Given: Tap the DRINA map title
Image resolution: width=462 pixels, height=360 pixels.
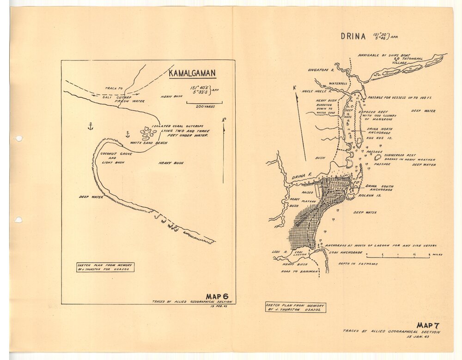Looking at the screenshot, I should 353,36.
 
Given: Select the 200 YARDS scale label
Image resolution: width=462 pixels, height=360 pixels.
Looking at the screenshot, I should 204,106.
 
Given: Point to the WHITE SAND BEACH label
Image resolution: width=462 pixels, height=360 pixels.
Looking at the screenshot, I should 148,143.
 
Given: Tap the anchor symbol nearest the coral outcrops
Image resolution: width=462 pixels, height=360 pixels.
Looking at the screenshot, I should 128,134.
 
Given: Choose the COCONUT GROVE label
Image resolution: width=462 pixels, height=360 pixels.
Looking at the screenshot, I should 114,153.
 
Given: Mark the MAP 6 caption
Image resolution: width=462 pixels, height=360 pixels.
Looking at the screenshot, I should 217,296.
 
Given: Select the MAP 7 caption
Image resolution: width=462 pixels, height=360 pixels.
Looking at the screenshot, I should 427,325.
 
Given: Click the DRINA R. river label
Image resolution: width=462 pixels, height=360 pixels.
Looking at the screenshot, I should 303,177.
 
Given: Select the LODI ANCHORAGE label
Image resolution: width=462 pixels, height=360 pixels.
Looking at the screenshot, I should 346,252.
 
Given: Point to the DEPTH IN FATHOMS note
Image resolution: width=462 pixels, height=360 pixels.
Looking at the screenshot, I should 358,264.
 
